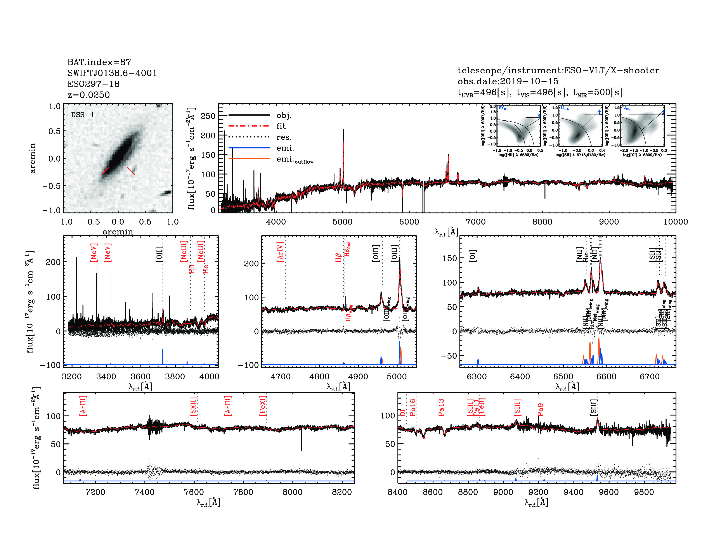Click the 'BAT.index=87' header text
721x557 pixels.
point(99,62)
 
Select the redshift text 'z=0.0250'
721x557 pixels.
point(88,95)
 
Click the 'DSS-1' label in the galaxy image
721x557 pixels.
point(83,115)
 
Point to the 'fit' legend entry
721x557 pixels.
point(281,126)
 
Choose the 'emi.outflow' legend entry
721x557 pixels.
point(295,160)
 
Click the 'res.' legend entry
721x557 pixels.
point(284,137)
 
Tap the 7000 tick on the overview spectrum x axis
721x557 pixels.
point(475,222)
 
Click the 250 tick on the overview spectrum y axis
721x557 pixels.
point(208,116)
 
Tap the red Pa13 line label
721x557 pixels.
point(441,408)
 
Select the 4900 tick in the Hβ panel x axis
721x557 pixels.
point(358,377)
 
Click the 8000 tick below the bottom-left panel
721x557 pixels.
point(293,492)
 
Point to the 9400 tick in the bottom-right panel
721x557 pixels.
point(574,492)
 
